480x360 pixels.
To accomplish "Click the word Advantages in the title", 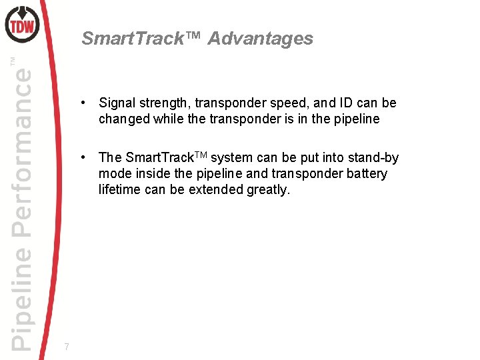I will (x=260, y=39).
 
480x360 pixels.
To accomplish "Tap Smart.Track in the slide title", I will (x=131, y=39).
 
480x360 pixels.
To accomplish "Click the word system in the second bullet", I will (x=233, y=158).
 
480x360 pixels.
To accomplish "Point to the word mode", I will (x=114, y=174).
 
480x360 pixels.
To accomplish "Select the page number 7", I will (x=66, y=347).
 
